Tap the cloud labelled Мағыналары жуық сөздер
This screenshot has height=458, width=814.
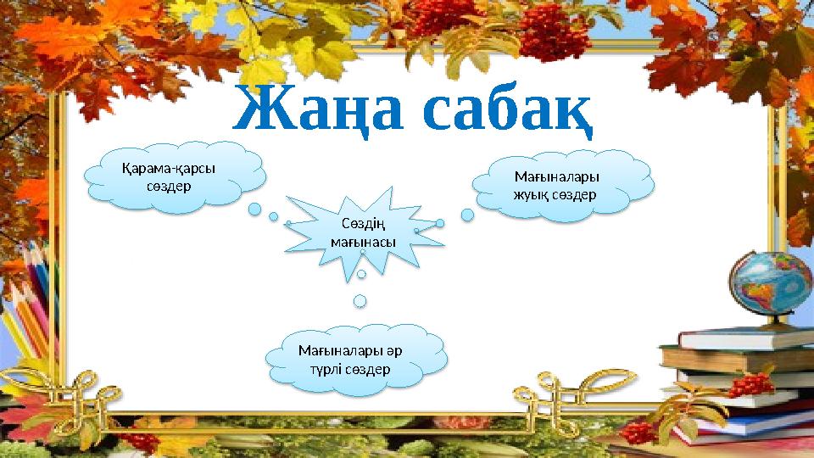(564, 186)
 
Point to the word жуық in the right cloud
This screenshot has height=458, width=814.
(532, 194)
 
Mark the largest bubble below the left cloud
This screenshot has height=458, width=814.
(254, 209)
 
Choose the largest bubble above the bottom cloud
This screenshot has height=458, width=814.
(360, 300)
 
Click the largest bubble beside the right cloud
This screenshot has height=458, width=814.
(467, 215)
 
